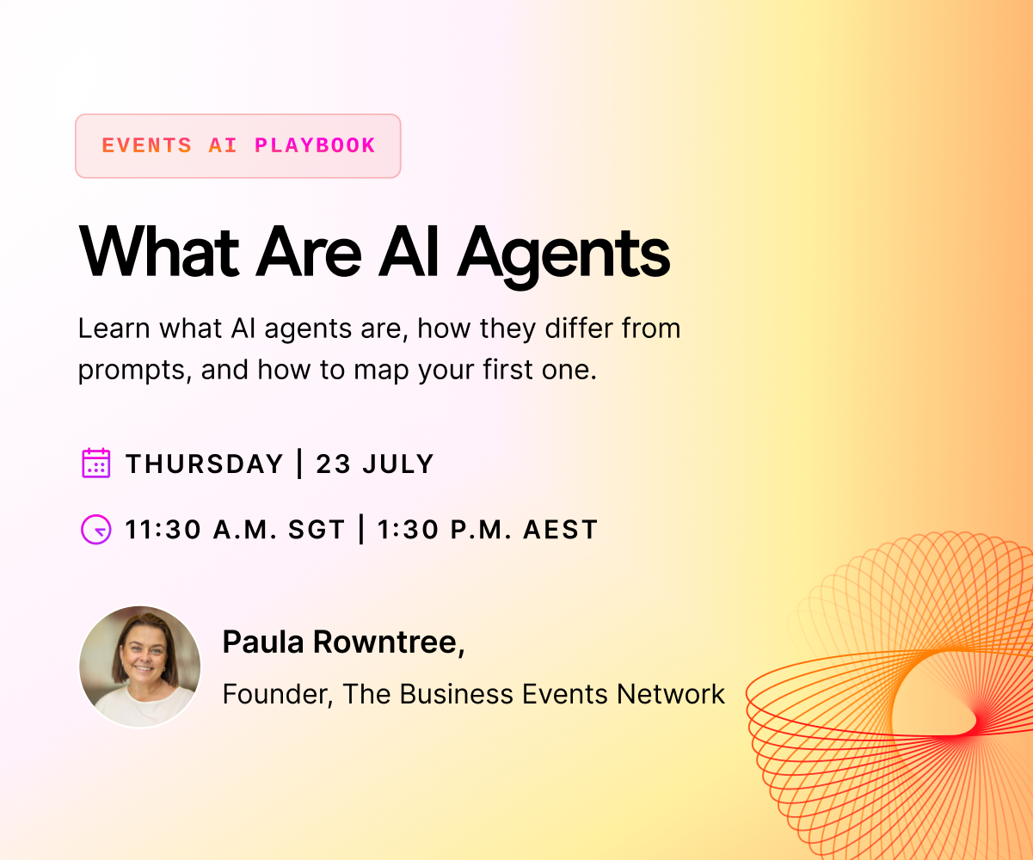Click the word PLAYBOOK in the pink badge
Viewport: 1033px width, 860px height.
coord(315,146)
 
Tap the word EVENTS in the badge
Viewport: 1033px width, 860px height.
coord(147,146)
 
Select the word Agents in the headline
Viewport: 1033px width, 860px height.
coord(563,255)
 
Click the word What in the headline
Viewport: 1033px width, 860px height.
coord(159,251)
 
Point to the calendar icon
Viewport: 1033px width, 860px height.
coord(96,464)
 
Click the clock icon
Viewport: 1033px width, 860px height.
coord(96,530)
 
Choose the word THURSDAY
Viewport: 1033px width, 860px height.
coord(205,464)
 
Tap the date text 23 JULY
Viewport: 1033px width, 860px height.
coord(375,464)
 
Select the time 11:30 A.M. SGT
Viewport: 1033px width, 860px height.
coord(235,530)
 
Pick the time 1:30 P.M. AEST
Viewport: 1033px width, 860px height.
coord(488,530)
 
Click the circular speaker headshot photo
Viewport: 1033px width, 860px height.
coord(140,667)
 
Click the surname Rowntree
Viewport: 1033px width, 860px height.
coord(389,642)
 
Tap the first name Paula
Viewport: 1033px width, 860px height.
coord(263,642)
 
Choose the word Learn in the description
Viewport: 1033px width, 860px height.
coord(114,329)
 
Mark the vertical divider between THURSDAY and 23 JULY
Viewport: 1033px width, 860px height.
coord(299,464)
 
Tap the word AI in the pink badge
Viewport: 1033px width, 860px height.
coord(223,146)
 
